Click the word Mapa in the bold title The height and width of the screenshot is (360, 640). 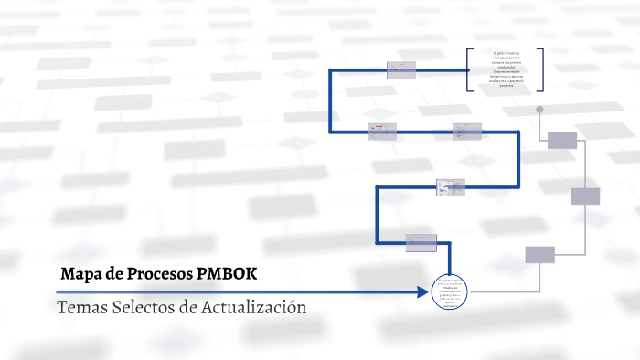tap(80, 274)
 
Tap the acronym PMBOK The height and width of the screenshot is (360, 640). tap(227, 274)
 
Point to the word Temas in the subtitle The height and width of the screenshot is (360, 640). tap(80, 307)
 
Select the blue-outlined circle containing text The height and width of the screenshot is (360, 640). tap(449, 292)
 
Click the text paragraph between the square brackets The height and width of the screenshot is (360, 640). tap(505, 69)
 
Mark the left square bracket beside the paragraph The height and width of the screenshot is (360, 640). tap(469, 69)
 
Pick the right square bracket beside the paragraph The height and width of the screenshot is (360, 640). tap(541, 69)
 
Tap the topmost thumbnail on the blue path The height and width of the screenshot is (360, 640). tap(401, 70)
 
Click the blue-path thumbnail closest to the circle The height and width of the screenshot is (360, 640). tap(421, 242)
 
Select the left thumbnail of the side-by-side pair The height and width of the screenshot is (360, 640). tap(381, 132)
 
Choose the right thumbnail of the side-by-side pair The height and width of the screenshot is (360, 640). tap(466, 132)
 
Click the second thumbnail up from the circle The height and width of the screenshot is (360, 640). tap(451, 187)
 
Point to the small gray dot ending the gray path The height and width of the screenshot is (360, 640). tap(539, 110)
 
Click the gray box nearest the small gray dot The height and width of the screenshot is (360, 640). tap(562, 140)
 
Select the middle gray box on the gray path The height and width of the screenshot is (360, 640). tap(584, 196)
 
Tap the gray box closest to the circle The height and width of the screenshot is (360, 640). tap(539, 255)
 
